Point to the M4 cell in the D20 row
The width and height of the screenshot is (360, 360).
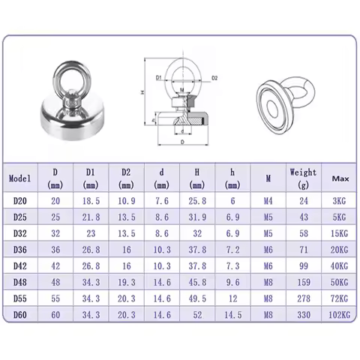(x=267, y=201)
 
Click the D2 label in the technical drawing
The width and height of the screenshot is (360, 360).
(x=214, y=77)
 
